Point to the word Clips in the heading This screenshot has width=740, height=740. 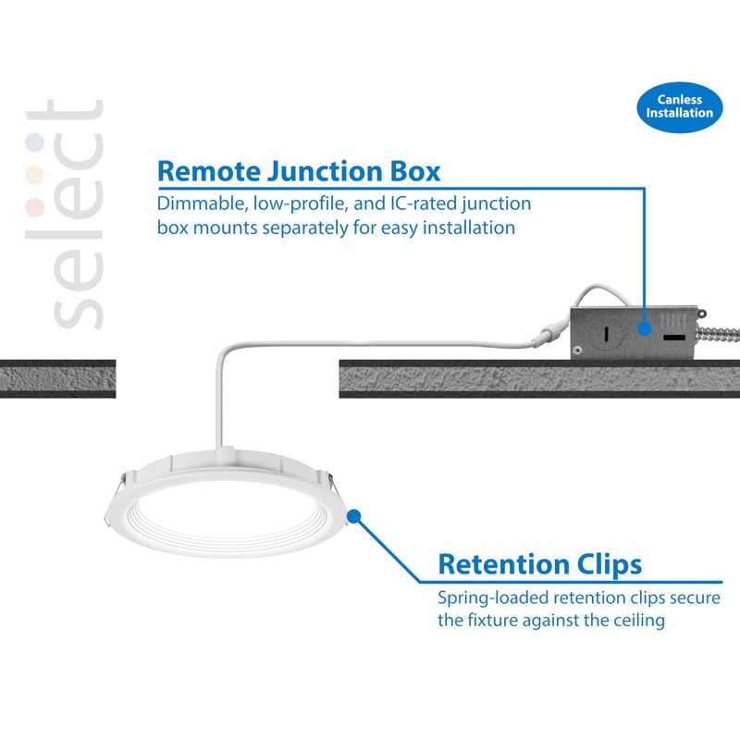pyautogui.click(x=610, y=563)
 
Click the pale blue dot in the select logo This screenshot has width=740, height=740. pyautogui.click(x=35, y=142)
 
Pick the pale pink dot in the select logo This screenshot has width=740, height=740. pyautogui.click(x=35, y=204)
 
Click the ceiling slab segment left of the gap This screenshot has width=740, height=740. pyautogui.click(x=57, y=378)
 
